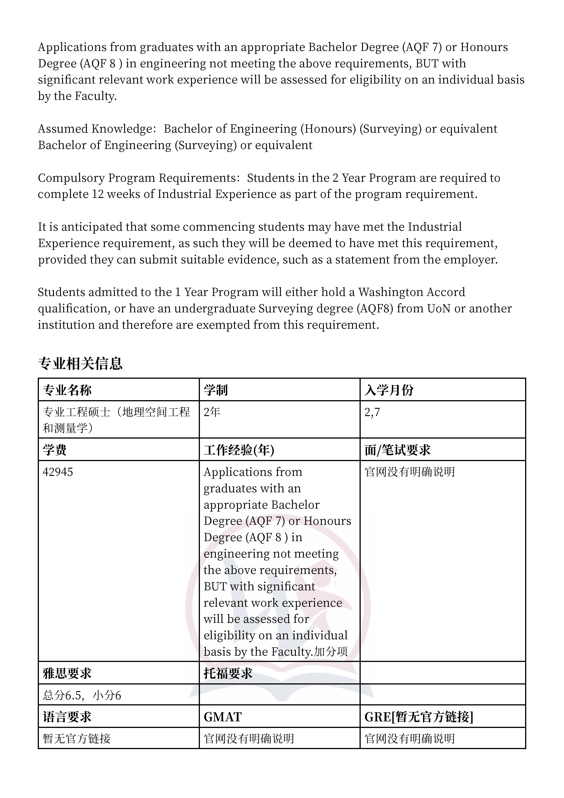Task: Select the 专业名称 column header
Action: coord(67,390)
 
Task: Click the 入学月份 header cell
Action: coord(389,390)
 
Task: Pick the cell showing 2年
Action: coord(212,412)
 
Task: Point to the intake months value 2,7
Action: coord(372,412)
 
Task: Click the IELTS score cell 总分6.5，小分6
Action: coord(82,695)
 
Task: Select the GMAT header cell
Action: coord(222,717)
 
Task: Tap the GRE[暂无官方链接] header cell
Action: coord(419,717)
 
